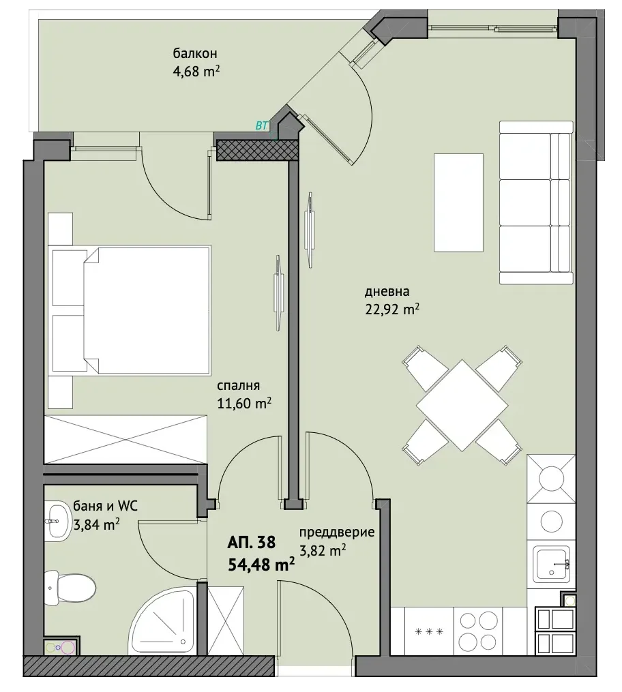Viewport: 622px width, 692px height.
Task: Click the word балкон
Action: [194, 53]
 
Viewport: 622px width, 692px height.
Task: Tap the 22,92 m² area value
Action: [391, 309]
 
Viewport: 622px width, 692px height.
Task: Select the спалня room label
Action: [238, 386]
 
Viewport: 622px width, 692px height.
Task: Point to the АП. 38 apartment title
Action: [251, 542]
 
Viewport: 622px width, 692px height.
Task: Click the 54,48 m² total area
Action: [261, 564]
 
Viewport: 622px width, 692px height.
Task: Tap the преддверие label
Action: [337, 532]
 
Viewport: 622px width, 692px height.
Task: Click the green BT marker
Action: [262, 125]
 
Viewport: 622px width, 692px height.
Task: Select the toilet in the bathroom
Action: [71, 587]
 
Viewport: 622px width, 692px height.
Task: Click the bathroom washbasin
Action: [57, 520]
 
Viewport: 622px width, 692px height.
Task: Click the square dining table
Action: [462, 405]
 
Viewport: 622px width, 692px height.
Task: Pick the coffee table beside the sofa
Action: [458, 202]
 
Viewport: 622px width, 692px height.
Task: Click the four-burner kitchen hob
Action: [479, 631]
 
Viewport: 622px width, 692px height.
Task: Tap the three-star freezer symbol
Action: [429, 631]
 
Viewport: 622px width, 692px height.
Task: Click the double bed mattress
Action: [146, 311]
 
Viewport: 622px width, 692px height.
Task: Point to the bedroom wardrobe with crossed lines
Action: [125, 439]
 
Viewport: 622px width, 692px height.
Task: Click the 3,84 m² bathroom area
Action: [96, 525]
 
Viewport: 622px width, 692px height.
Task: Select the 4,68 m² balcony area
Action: [196, 71]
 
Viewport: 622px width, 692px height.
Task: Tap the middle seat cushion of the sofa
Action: [525, 202]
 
